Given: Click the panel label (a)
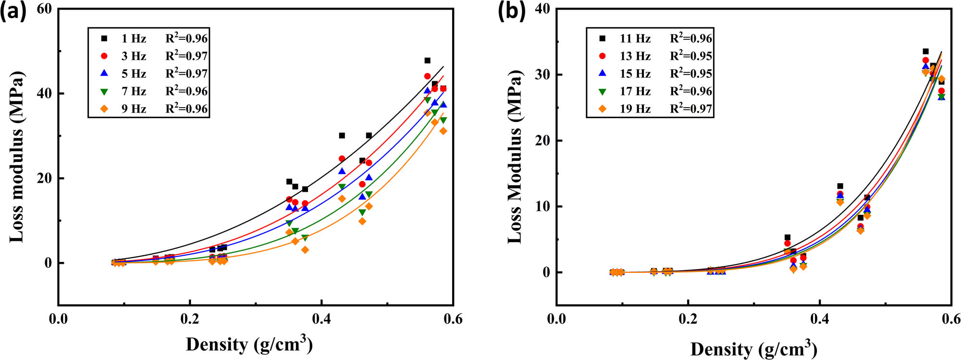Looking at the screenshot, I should (13, 11).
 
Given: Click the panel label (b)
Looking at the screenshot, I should (511, 11).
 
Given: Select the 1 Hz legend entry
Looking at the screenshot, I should (134, 38).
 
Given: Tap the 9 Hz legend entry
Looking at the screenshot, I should (134, 109).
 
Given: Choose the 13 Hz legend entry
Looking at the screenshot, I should (635, 56).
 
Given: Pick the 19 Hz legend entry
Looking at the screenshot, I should (635, 109).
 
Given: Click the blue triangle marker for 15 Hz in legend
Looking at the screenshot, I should (603, 74).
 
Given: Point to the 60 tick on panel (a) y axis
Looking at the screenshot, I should (44, 9).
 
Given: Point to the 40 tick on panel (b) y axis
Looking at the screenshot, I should (542, 9).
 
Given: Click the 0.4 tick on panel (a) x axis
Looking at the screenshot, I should (321, 319).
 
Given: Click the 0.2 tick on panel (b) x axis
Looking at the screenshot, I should (688, 319).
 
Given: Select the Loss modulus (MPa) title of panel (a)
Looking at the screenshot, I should (17, 156).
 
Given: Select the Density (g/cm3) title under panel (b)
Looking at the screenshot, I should (753, 348).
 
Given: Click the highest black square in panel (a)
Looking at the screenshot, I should (427, 61).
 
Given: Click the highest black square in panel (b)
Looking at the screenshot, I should (925, 51).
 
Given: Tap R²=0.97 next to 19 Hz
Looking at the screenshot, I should (690, 109).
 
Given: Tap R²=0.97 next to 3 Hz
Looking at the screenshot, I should (186, 56).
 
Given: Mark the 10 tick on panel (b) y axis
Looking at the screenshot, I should (542, 206).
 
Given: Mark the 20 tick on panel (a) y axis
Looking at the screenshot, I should (44, 178).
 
